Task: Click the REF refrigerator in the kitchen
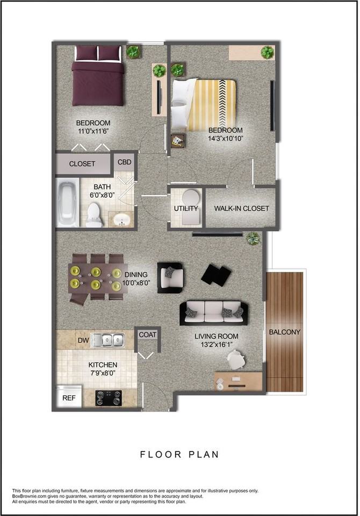coord(69,398)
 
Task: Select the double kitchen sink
coord(107,340)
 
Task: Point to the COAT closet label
coord(148,335)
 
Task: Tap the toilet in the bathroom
coord(95,214)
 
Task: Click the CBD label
coord(124,162)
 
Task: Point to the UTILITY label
coord(186,209)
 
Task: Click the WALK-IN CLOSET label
coord(241,209)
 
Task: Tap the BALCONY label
coord(285,332)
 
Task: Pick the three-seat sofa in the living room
coord(214,313)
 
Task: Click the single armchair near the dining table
coord(170,277)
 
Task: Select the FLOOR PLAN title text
coord(179,455)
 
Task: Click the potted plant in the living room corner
coord(253,239)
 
